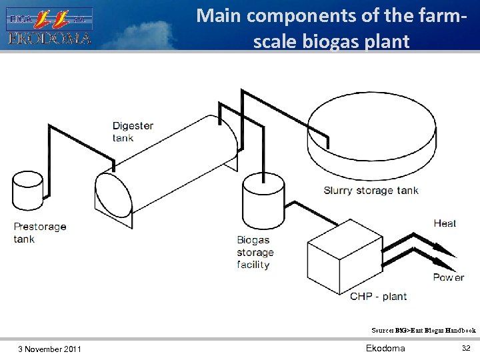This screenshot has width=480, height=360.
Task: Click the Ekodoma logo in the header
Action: pyautogui.click(x=49, y=26)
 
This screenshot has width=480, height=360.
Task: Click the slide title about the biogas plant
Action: pyautogui.click(x=331, y=27)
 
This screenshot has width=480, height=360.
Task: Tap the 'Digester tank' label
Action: pyautogui.click(x=133, y=131)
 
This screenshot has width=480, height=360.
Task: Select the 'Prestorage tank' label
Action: pyautogui.click(x=40, y=233)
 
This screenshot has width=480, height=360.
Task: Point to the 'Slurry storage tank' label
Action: pyautogui.click(x=371, y=191)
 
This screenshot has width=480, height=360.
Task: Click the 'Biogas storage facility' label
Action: pyautogui.click(x=255, y=252)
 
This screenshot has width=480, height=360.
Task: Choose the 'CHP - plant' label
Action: pyautogui.click(x=378, y=296)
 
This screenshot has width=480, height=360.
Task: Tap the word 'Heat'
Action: pyautogui.click(x=445, y=223)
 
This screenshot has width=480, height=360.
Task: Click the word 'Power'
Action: pyautogui.click(x=448, y=277)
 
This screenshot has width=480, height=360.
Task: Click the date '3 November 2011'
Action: pyautogui.click(x=50, y=349)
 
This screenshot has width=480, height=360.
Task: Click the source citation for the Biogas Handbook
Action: pyautogui.click(x=423, y=330)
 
